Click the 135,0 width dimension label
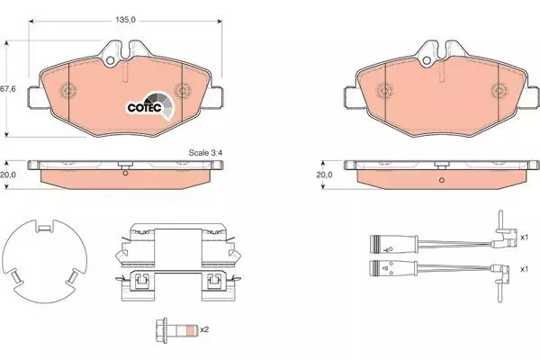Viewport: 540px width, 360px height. pyautogui.click(x=125, y=20)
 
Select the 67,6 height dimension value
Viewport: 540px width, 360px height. pyautogui.click(x=7, y=89)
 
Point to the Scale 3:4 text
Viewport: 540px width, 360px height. pyautogui.click(x=205, y=153)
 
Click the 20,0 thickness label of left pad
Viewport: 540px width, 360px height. pyautogui.click(x=7, y=175)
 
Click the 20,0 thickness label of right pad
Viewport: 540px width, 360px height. pyautogui.click(x=324, y=175)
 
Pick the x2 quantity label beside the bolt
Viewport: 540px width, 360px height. pyautogui.click(x=204, y=329)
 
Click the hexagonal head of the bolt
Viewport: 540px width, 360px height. pyautogui.click(x=161, y=330)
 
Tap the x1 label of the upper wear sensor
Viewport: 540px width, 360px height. pyautogui.click(x=524, y=238)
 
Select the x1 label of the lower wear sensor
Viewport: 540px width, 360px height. pyautogui.click(x=524, y=269)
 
